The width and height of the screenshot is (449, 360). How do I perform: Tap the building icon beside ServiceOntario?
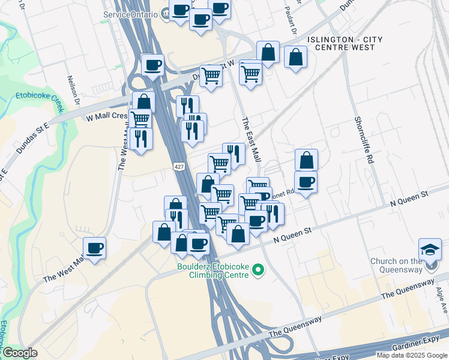coord(165,14)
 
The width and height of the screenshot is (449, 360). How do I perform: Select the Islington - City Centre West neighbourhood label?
coord(344,43)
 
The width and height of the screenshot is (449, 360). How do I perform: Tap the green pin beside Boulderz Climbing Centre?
coord(259,271)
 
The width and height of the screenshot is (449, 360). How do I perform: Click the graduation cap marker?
coord(430,249)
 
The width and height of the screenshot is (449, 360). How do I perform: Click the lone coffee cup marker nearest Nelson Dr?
coord(94,248)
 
